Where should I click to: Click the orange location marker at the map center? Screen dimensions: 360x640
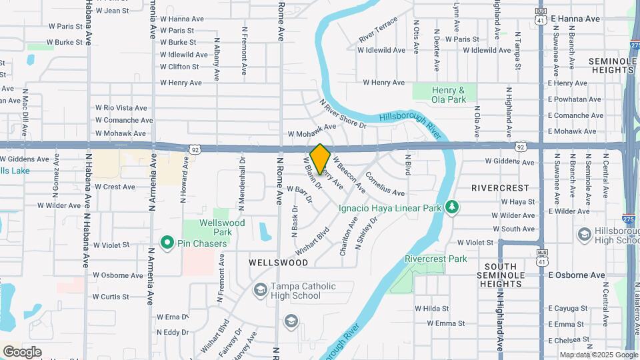coord(321,159)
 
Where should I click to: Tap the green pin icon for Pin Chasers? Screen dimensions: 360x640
coord(167,243)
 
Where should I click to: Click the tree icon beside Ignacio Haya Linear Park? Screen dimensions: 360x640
coord(453,207)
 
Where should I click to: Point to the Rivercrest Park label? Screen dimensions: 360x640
coord(436,259)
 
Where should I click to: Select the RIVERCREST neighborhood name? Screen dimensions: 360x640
coord(500,188)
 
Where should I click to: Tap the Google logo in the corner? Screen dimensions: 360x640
coord(22,351)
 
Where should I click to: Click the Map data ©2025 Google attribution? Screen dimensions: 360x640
coord(598,355)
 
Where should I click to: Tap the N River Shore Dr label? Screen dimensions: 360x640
coord(343,114)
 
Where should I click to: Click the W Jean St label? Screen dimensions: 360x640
coord(112,11)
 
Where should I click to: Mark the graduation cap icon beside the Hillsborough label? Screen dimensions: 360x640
coord(585,234)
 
